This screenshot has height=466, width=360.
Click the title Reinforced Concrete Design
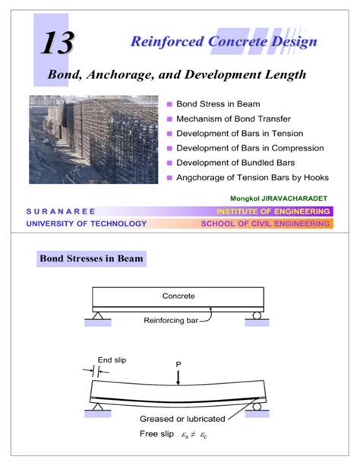[223, 42]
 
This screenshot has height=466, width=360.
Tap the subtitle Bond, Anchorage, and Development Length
[176, 75]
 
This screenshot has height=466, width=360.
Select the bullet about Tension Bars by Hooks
[251, 177]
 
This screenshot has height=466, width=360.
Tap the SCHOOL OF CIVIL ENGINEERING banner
[265, 223]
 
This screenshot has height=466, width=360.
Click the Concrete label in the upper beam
[178, 296]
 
